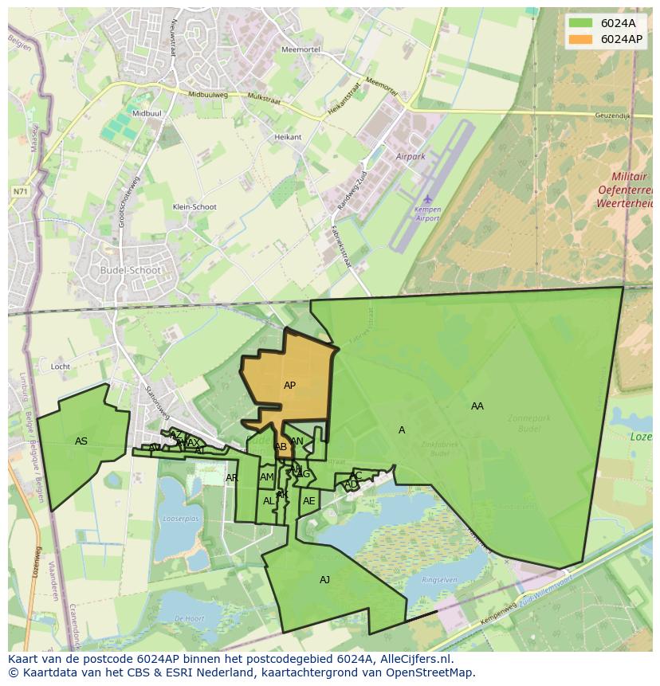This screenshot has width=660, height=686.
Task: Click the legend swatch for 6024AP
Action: coord(580,39)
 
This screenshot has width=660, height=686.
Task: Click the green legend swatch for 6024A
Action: coord(580,23)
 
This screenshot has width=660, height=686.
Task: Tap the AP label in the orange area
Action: coord(289,386)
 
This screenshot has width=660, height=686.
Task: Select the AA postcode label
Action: coord(477,406)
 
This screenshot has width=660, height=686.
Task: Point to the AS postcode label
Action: coord(81,441)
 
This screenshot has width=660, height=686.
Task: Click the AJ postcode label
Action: coord(324,580)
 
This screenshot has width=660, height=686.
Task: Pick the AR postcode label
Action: coord(231,478)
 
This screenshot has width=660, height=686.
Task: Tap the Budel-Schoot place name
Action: coord(131,270)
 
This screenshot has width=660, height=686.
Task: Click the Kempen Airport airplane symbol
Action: coord(428,198)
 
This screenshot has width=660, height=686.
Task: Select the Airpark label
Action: coord(411,157)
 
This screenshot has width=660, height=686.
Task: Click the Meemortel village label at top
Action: coord(300,49)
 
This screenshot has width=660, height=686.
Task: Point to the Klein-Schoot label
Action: coord(194,207)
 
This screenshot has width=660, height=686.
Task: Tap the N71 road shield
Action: coord(20,192)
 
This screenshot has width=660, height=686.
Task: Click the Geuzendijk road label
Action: coord(612,116)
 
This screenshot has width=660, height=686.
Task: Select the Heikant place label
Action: coord(288,137)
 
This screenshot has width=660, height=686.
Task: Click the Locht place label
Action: coord(61,367)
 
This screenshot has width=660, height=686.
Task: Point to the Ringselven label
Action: coord(440,580)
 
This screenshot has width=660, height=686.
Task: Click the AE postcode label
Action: coord(308,501)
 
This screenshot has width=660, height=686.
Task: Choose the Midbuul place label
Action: coord(147,114)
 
